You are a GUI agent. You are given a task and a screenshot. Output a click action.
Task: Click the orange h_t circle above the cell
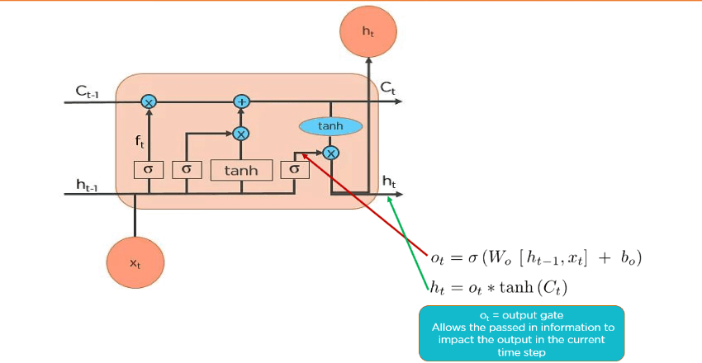(368, 31)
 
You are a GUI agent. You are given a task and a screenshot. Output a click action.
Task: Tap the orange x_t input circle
(135, 262)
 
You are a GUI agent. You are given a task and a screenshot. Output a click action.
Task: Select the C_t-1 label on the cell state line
(88, 92)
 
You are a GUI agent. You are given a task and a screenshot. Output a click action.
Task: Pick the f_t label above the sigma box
(140, 141)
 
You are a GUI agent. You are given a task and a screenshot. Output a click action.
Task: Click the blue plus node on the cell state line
(241, 101)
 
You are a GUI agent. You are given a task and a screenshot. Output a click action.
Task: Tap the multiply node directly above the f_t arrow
(149, 101)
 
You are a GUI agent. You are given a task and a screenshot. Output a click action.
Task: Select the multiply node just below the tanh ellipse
(330, 153)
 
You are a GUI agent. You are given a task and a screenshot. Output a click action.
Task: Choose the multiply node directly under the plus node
(241, 133)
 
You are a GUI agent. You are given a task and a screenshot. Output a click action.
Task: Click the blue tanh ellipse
(330, 126)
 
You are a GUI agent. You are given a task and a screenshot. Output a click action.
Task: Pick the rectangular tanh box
(241, 170)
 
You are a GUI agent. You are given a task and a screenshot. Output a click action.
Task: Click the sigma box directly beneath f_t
(149, 169)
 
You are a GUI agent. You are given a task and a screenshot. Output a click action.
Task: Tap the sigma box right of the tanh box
(293, 169)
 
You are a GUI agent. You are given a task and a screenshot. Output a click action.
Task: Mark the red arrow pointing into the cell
(363, 201)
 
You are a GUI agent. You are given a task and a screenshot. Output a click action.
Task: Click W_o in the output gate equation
(496, 258)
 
